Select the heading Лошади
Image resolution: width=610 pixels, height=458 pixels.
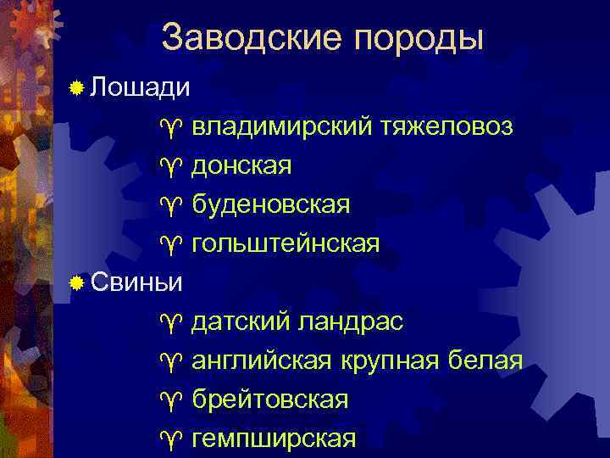click(141, 87)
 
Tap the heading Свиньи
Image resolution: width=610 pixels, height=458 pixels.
click(136, 282)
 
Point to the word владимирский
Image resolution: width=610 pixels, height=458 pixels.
click(281, 127)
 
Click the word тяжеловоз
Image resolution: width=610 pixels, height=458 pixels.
click(446, 127)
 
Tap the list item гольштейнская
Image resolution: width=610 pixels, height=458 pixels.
click(286, 244)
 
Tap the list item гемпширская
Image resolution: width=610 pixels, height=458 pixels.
click(274, 439)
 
